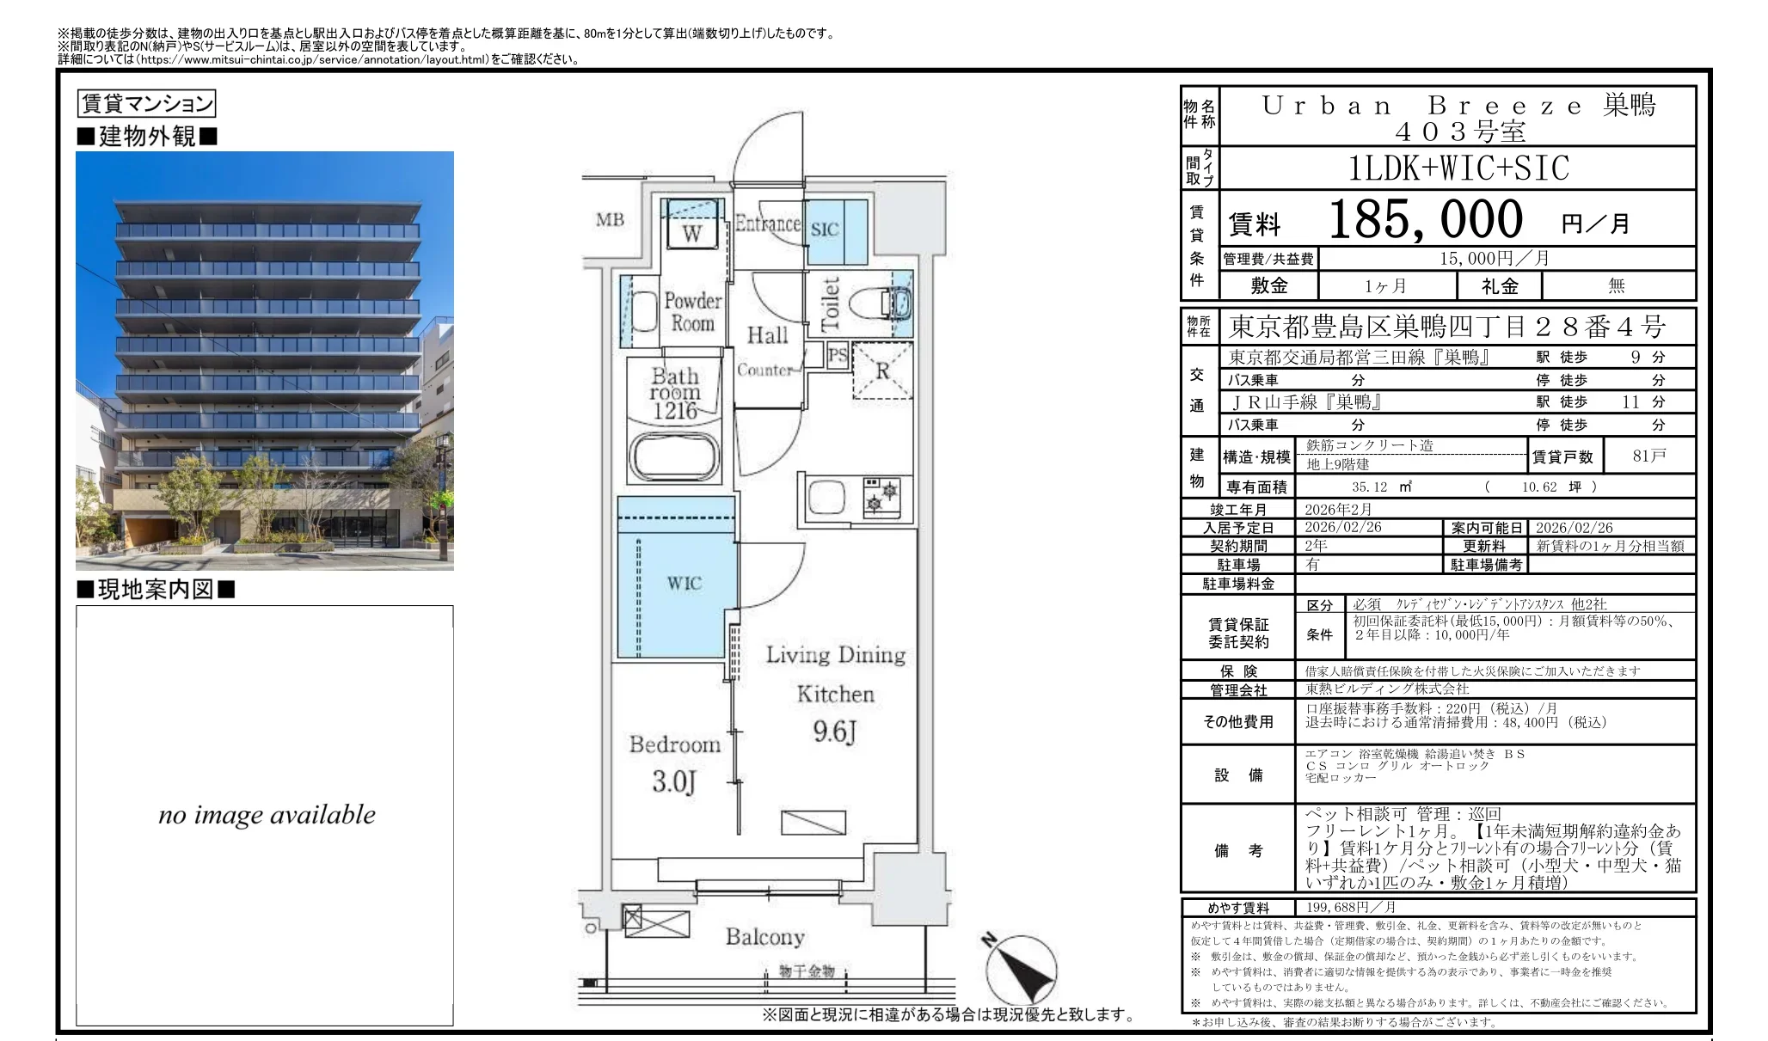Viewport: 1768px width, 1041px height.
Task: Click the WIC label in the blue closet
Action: pos(684,584)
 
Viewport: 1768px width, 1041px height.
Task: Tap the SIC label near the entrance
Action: pos(824,230)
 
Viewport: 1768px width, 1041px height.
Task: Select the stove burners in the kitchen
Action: pos(881,496)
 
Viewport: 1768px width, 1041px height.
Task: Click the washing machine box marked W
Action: pos(692,233)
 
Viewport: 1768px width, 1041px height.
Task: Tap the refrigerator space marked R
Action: pos(881,370)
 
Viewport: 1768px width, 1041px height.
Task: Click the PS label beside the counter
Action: pos(837,354)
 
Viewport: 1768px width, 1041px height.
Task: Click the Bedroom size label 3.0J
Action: pos(673,782)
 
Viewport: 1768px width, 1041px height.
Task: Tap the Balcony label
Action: pos(764,937)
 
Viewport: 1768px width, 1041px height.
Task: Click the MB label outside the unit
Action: pos(610,220)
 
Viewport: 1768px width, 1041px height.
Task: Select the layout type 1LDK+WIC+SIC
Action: pos(1458,168)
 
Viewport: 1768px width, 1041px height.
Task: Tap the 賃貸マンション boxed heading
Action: pos(146,104)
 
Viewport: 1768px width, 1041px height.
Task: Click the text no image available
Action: pos(267,815)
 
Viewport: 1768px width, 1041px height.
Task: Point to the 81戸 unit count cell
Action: pos(1648,456)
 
